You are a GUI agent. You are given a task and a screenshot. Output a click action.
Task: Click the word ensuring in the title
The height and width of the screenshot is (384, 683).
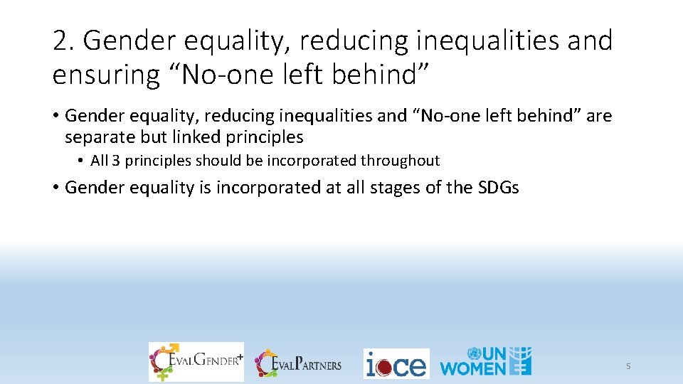[106, 75]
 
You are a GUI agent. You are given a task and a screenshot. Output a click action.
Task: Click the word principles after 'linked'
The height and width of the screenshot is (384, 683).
[260, 137]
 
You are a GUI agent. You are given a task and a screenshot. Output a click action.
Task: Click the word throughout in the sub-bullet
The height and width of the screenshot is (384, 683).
[400, 161]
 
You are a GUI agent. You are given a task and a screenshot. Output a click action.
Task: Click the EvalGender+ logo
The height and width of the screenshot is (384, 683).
[196, 362]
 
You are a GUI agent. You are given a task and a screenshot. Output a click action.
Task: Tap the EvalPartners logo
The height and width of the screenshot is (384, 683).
[299, 364]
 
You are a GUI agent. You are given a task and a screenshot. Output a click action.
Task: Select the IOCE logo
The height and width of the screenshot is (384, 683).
[396, 364]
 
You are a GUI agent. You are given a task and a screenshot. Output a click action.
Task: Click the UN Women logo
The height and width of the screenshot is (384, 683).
[486, 361]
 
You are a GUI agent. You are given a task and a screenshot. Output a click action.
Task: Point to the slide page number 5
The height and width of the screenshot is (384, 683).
[628, 366]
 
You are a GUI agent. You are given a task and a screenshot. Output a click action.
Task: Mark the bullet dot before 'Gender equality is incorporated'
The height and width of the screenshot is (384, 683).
[55, 188]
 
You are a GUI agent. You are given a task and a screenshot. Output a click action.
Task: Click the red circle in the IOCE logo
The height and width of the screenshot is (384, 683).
[384, 367]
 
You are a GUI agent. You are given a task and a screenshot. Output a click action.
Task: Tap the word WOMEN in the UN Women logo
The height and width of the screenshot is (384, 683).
[472, 368]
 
